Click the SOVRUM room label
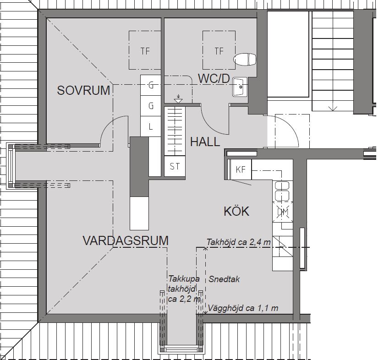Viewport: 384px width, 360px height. (83, 90)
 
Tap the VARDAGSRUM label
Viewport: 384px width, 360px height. (126, 240)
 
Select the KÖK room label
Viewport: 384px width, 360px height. (236, 211)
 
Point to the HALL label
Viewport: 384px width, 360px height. (205, 142)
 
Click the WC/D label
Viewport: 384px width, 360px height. (214, 79)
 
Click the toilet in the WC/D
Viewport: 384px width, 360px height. (245, 60)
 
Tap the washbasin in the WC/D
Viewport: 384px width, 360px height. (240, 87)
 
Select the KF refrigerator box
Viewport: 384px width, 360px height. (240, 169)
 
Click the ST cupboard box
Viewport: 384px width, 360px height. (175, 166)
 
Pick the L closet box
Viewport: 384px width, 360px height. (151, 126)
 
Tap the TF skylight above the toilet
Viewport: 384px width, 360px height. (219, 50)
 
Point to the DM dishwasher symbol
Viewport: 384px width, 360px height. (283, 212)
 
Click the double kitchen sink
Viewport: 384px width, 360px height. (282, 191)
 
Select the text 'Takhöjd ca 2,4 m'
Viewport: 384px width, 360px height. (239, 242)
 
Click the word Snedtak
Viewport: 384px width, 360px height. (224, 279)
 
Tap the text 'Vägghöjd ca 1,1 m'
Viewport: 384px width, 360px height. (243, 308)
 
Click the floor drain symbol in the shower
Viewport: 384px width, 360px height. (178, 99)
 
